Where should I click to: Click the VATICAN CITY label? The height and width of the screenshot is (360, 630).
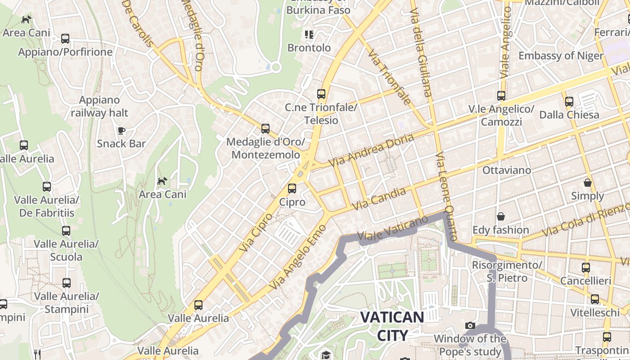[392, 326]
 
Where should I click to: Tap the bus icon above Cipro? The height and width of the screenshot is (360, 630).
[292, 188]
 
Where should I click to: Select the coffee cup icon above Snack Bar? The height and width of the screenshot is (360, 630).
[121, 130]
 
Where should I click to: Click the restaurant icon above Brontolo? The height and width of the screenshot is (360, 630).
[309, 34]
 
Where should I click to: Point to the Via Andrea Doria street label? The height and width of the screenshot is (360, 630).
[371, 150]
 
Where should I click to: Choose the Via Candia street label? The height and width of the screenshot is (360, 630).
[379, 198]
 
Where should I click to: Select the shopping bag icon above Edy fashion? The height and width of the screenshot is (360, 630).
[500, 216]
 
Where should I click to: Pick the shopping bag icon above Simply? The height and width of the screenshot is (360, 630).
[587, 183]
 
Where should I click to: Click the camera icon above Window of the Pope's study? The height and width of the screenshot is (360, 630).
[470, 325]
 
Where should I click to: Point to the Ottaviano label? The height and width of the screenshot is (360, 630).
[507, 170]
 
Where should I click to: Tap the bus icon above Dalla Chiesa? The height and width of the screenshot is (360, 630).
[569, 102]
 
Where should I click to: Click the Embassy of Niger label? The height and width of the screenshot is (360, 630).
[561, 56]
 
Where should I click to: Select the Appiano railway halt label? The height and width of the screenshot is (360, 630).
[99, 106]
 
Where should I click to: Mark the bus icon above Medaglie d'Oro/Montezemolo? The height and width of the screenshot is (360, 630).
[265, 129]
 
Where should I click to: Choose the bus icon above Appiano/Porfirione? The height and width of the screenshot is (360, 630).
[65, 39]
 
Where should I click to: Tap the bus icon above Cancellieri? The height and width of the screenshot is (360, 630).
[585, 268]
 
